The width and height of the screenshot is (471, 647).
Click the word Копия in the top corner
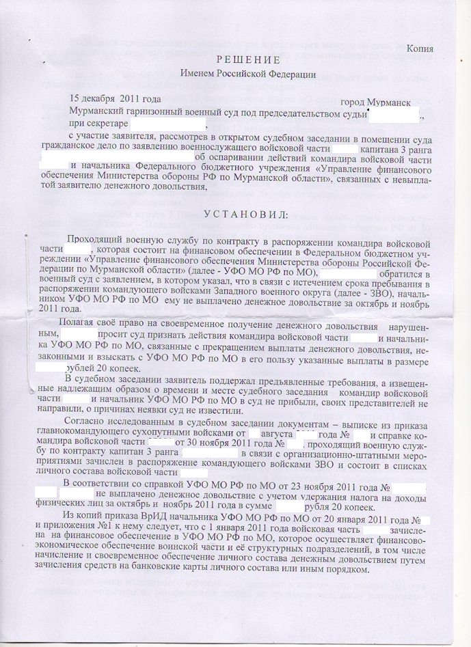(420, 49)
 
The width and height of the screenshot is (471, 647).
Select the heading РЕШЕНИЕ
(236, 59)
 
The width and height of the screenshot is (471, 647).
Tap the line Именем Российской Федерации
(235, 72)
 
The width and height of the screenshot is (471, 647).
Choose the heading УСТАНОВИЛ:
(237, 216)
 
